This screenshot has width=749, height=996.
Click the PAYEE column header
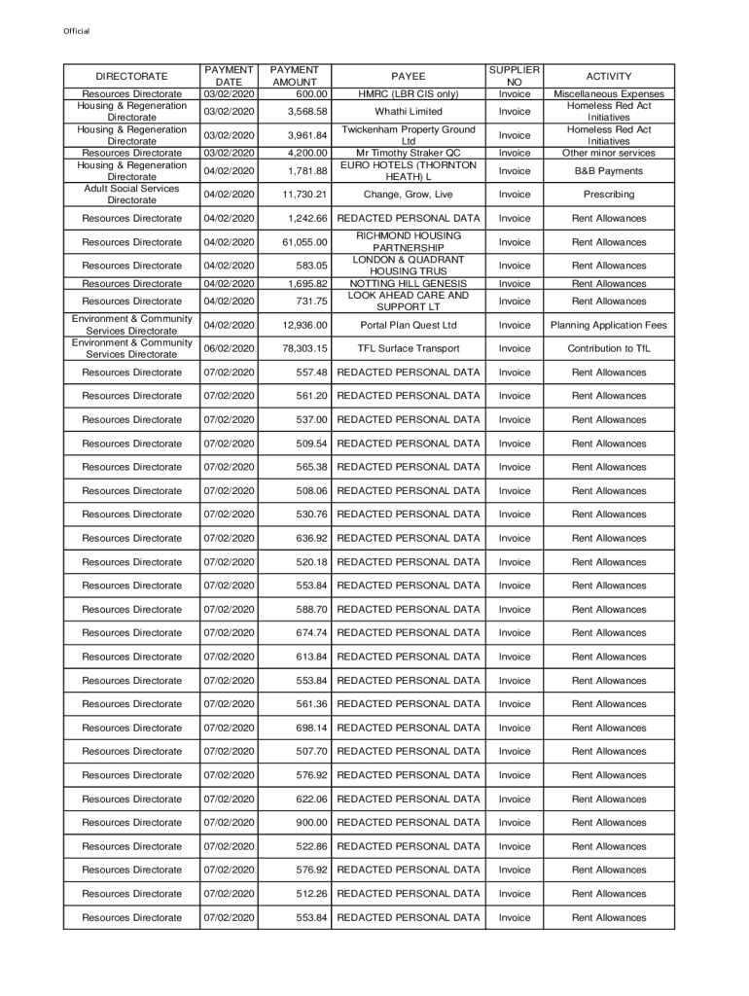tap(408, 76)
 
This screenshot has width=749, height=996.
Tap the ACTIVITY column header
tap(609, 76)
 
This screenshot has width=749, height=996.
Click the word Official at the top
tap(77, 31)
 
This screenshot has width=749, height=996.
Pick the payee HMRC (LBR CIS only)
tap(408, 94)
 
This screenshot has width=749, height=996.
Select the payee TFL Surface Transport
tap(408, 348)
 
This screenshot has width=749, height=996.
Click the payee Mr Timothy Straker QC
tap(408, 153)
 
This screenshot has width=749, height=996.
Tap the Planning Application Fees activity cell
tap(609, 325)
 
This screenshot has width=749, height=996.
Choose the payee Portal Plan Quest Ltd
tap(408, 325)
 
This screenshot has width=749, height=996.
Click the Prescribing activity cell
tap(609, 195)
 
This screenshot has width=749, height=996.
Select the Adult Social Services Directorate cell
tap(131, 195)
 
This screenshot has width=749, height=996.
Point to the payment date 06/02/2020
tap(229, 348)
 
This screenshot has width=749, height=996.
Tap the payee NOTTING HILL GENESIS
tap(408, 284)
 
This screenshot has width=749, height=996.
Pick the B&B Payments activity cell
tap(609, 171)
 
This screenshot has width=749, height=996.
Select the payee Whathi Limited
tap(408, 112)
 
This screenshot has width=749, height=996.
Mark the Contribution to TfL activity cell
tap(609, 348)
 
